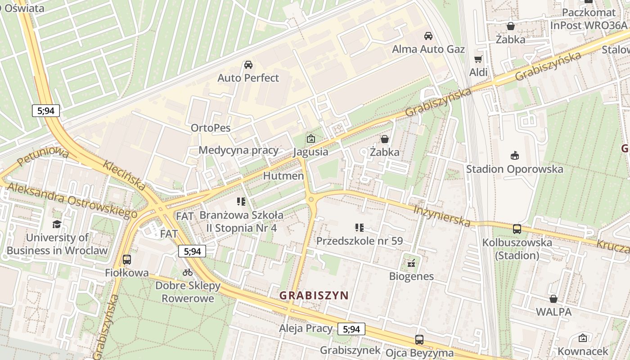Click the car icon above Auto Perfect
[x=248, y=65]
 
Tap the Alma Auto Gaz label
[x=428, y=49]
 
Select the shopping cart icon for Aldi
[x=478, y=59]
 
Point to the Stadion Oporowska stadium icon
[x=514, y=156]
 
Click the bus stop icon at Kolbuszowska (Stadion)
[x=517, y=229]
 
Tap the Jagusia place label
[x=310, y=152]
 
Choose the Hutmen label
[x=283, y=175]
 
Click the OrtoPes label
[x=211, y=128]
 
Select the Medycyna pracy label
[x=238, y=150]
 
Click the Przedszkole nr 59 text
[x=359, y=241]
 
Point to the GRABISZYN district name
[x=314, y=296]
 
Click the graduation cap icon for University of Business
[x=57, y=224]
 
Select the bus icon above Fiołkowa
[x=127, y=260]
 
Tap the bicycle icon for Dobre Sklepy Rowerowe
[x=188, y=272]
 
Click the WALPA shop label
[x=553, y=311]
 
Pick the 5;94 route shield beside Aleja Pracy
[x=351, y=329]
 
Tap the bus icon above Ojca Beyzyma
[x=419, y=340]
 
